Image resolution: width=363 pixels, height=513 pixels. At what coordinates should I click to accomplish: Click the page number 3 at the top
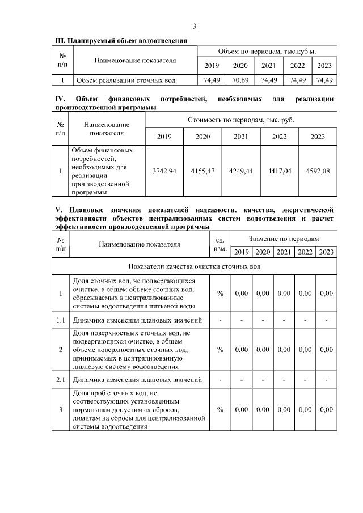[194, 27]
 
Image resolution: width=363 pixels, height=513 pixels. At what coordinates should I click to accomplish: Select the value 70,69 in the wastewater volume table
[240, 80]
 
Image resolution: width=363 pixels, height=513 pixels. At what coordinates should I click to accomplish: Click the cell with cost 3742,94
[164, 171]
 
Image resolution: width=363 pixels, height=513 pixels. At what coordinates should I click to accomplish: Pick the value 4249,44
[240, 171]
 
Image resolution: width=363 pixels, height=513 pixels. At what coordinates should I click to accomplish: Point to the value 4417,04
[279, 171]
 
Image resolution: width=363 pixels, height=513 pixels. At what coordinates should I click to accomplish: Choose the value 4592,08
[318, 171]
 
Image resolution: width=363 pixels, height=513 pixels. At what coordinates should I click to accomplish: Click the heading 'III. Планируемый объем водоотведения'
[120, 41]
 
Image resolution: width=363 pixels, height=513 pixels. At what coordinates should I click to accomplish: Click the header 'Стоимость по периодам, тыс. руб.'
[241, 120]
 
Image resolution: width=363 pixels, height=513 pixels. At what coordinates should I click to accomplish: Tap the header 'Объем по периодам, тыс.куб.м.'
[267, 52]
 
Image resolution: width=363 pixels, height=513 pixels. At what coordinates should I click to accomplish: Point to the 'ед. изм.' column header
[220, 245]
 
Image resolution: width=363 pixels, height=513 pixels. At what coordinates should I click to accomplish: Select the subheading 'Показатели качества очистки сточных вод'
[195, 266]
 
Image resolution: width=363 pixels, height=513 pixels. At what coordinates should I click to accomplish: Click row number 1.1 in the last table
[61, 320]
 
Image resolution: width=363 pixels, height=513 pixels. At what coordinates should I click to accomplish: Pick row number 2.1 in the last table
[61, 379]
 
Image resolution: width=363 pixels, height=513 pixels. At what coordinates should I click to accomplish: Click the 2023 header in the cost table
[318, 137]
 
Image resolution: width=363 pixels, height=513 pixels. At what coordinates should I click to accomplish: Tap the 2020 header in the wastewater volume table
[240, 65]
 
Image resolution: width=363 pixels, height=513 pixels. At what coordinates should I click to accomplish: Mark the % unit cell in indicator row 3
[220, 409]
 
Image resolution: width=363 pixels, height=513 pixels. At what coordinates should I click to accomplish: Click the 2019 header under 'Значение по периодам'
[242, 252]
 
